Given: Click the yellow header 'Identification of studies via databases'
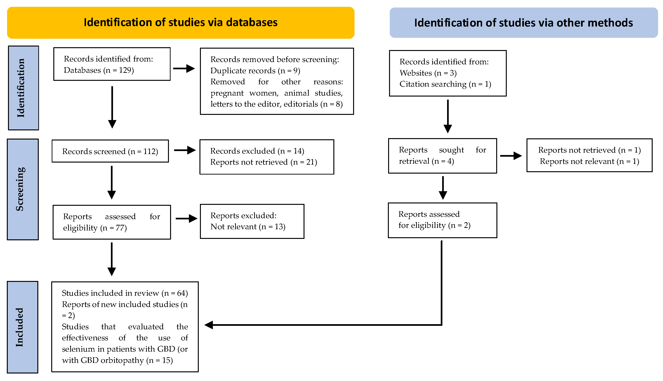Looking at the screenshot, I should click(180, 23).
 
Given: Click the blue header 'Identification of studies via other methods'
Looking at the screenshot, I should click(523, 23).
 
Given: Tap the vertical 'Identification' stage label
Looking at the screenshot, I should click(23, 88).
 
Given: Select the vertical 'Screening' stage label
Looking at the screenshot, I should click(23, 189).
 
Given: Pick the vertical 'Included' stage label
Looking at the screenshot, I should click(22, 327).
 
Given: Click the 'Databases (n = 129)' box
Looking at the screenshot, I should click(112, 64).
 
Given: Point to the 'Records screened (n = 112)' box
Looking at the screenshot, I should click(110, 151).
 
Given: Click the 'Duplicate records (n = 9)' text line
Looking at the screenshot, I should click(255, 71).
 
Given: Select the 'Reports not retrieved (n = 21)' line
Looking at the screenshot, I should click(263, 162).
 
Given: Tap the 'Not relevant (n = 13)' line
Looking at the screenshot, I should click(248, 227).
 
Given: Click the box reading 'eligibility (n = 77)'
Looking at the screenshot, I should click(112, 222).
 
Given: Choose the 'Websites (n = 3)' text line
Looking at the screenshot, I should click(428, 73).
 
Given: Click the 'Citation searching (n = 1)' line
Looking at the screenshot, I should click(445, 84).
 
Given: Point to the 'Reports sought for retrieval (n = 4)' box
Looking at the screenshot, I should click(442, 156).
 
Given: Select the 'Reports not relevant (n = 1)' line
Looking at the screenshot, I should click(589, 161).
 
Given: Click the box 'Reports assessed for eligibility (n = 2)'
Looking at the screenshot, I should click(442, 220).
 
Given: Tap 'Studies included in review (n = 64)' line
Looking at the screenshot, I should click(125, 293).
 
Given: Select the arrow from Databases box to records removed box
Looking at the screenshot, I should click(184, 69).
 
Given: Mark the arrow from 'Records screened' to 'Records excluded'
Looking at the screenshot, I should click(185, 150).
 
